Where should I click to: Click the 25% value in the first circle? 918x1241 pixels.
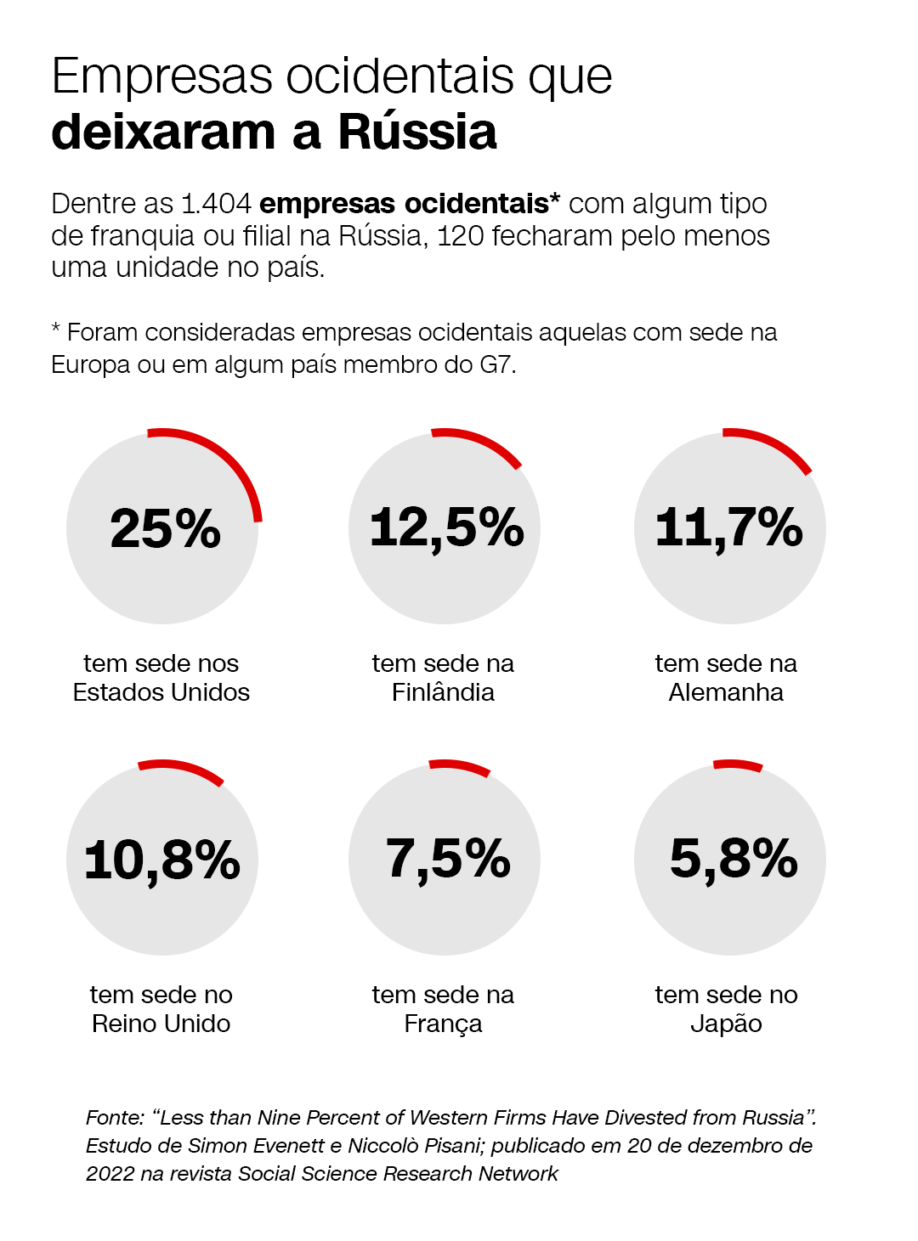(165, 528)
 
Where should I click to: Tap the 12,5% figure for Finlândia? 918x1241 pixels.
(446, 528)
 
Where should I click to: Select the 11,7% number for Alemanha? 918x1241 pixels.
(728, 528)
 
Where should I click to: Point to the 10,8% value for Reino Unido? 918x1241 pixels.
(161, 860)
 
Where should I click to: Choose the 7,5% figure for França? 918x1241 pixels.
(447, 860)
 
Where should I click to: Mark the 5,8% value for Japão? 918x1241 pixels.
(734, 860)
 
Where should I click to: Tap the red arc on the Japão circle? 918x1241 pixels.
(738, 764)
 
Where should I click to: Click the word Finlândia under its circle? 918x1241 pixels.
(443, 692)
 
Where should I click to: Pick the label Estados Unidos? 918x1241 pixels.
(161, 692)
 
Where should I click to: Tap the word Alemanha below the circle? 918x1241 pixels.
(726, 692)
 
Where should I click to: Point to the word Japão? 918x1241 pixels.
(726, 1024)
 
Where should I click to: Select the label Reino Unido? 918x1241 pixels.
(161, 1024)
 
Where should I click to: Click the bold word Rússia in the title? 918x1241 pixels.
(417, 132)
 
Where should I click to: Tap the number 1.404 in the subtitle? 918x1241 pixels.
(216, 204)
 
